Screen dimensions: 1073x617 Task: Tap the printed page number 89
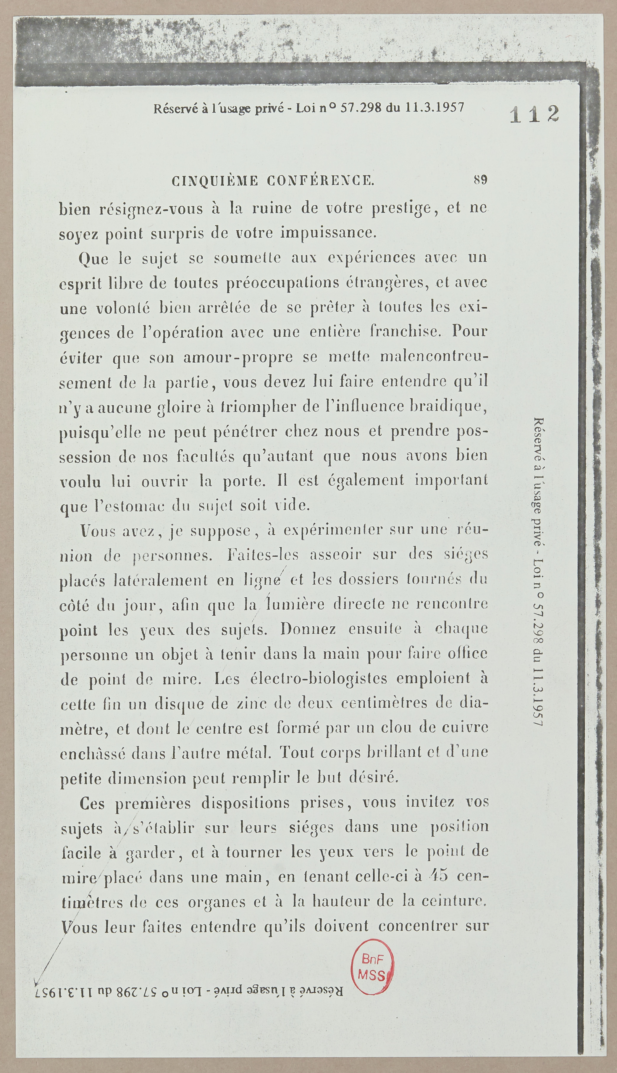481,180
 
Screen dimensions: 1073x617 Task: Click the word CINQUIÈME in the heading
215,181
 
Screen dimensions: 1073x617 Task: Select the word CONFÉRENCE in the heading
321,181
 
